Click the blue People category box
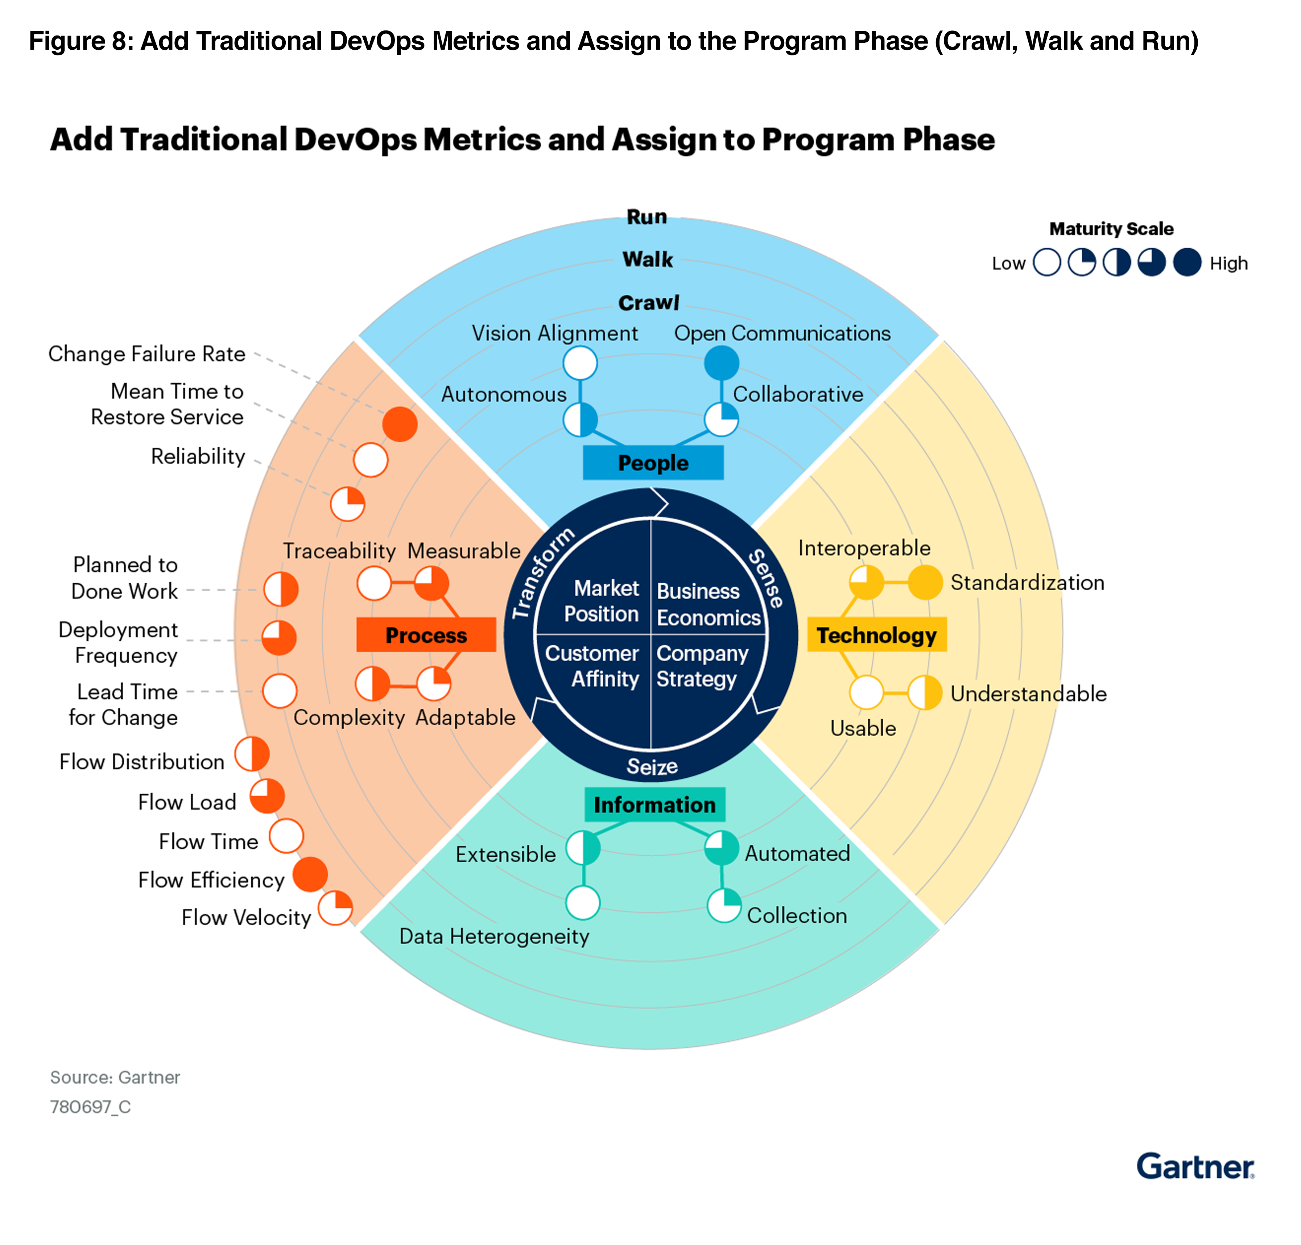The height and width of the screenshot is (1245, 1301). [652, 463]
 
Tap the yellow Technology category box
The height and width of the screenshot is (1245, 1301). [876, 635]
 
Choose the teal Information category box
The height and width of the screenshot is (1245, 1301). [654, 805]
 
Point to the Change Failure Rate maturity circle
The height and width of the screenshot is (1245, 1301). [400, 424]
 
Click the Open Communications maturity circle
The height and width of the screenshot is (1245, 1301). [722, 363]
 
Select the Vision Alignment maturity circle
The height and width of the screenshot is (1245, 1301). [580, 363]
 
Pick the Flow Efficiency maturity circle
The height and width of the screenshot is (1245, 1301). [310, 874]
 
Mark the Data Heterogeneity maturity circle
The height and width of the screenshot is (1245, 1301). [583, 903]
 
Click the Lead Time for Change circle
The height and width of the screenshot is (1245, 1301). [280, 691]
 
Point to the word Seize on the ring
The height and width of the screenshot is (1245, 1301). [652, 766]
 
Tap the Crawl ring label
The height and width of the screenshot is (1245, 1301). [649, 303]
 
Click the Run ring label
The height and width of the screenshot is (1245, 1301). [647, 217]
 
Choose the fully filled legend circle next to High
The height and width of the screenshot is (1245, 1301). [1187, 262]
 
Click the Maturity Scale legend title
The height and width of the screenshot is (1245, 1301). [1111, 229]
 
